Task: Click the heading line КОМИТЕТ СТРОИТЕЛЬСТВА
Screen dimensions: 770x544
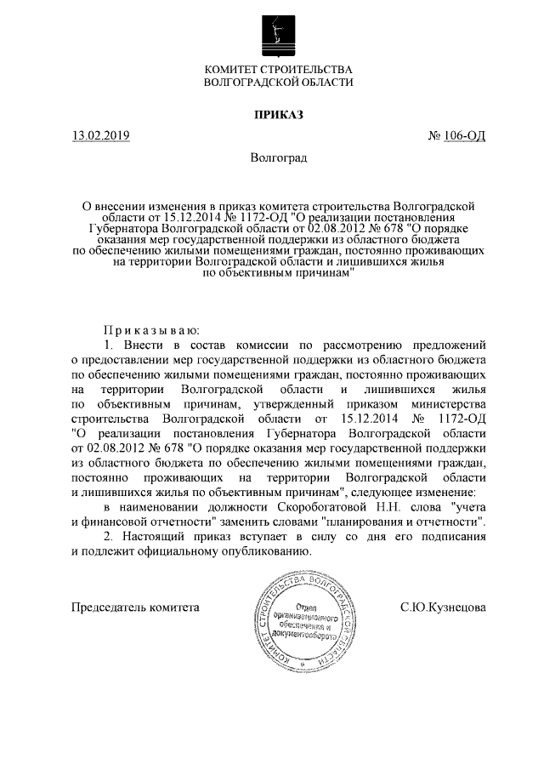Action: [x=278, y=69]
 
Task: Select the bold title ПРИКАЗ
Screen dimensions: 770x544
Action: [x=278, y=114]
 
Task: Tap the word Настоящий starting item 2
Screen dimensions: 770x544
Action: [x=151, y=536]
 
